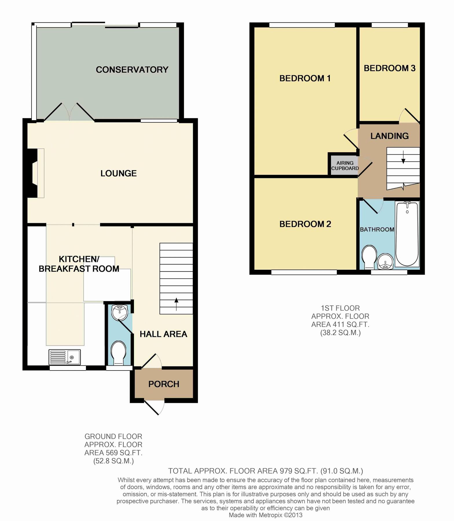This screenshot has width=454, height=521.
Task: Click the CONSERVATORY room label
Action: click(132, 70)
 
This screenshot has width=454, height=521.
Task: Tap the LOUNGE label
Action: click(118, 173)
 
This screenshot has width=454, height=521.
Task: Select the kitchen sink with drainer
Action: click(65, 357)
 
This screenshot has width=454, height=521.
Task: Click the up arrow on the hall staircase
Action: click(176, 304)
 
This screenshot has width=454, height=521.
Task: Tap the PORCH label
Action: click(164, 384)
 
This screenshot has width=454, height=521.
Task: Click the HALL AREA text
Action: click(163, 334)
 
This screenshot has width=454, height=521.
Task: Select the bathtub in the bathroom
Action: click(407, 234)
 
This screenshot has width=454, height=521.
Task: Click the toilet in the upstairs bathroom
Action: click(369, 257)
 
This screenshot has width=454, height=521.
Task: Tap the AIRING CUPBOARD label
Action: click(345, 166)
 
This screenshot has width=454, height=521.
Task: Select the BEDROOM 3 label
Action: click(389, 68)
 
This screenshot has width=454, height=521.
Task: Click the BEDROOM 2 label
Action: click(305, 224)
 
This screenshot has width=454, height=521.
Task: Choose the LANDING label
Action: click(389, 136)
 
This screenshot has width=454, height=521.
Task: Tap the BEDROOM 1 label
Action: click(305, 78)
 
